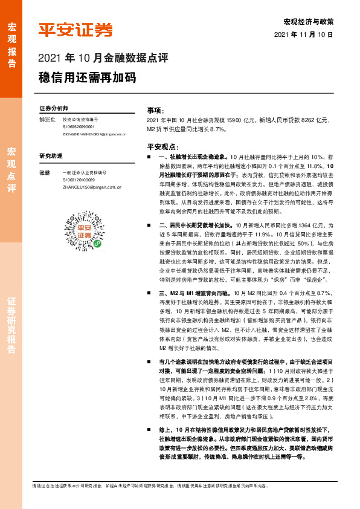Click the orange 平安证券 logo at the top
click(76, 30)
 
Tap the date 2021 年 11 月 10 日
click(303, 35)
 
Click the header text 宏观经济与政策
click(308, 21)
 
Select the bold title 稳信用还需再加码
click(87, 79)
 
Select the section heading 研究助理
click(51, 155)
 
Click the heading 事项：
click(156, 111)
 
